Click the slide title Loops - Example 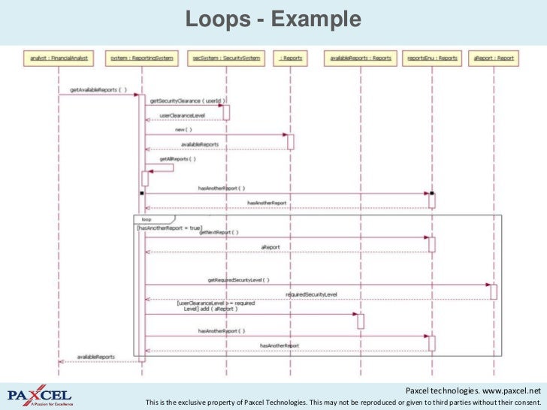point(273,20)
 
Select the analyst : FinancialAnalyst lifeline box point(59,57)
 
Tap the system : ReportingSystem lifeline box point(141,57)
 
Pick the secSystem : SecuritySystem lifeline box point(225,57)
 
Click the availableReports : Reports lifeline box point(361,57)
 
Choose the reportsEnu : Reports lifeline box point(432,57)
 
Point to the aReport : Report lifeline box point(494,57)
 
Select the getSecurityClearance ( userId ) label point(188,100)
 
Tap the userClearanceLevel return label point(182,115)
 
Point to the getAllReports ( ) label point(177,158)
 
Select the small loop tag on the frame point(147,219)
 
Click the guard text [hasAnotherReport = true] point(169,227)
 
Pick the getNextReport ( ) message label point(219,233)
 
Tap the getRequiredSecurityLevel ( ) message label point(238,279)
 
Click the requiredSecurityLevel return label point(311,294)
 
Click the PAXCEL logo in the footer point(40,395)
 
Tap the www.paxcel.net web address point(511,391)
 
